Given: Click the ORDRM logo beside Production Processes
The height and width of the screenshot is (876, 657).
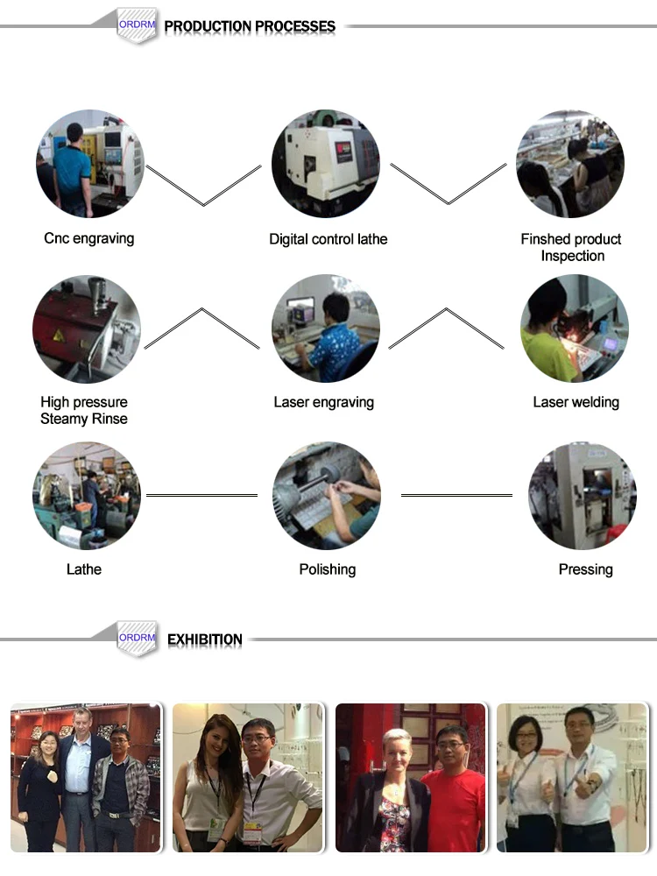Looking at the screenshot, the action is point(137,25).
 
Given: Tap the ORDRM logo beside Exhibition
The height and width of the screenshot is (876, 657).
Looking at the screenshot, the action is point(137,638).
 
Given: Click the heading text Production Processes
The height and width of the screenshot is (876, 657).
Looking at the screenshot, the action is point(250,26).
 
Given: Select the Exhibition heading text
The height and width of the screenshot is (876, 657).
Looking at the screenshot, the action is point(204,639).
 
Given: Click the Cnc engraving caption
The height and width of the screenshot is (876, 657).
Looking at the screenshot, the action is point(88,238).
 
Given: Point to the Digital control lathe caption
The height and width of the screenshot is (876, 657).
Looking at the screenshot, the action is point(328,239).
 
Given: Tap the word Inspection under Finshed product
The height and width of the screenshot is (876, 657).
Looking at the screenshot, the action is point(573,256).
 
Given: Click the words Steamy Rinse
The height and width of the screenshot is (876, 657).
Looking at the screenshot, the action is point(84,419).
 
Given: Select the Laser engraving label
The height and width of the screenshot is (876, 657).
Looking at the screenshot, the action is point(323,402).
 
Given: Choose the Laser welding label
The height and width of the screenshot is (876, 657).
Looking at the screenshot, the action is point(576,402).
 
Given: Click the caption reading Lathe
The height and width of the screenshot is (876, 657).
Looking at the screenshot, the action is point(84,569).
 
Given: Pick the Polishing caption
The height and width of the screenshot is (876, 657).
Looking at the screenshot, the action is point(328,569).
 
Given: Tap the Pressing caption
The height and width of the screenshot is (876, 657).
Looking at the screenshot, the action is point(585,569).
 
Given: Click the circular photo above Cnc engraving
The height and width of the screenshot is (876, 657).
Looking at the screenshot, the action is point(90,164).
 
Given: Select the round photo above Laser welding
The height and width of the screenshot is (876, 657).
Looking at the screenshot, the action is point(575,328).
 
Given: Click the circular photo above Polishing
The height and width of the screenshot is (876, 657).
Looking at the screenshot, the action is point(326,496).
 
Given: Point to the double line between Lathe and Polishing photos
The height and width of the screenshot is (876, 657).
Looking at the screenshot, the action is point(201,495).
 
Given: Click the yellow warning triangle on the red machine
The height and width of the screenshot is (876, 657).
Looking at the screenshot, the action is point(58,336).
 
